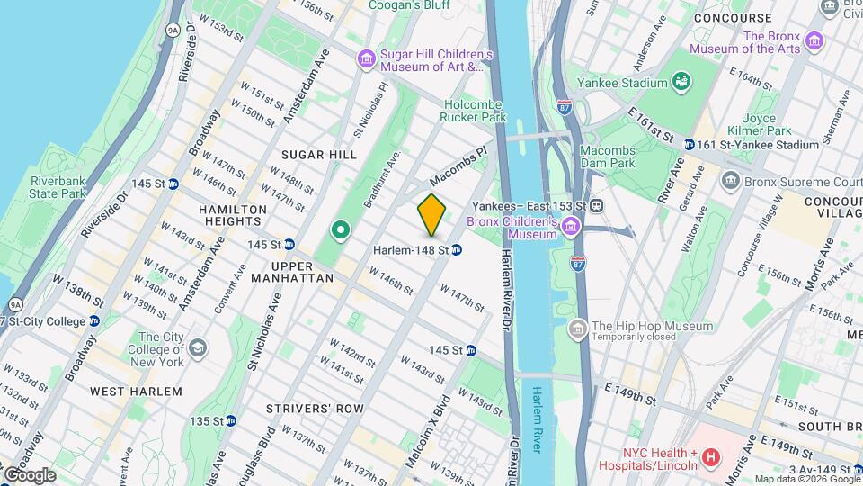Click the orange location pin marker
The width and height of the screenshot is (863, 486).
click(x=431, y=214)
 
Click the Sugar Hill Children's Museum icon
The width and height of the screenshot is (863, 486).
click(x=365, y=59)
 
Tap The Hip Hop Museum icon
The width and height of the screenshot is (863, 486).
click(x=576, y=327)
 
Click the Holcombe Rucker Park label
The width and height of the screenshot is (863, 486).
click(x=475, y=111)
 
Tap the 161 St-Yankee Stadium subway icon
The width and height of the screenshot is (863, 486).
click(x=689, y=144)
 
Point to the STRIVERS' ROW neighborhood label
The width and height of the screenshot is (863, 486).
click(x=315, y=408)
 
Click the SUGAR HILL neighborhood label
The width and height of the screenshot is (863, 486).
click(x=317, y=155)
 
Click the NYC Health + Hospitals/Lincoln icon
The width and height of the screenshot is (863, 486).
click(x=711, y=458)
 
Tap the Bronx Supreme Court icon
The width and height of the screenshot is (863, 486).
click(x=730, y=180)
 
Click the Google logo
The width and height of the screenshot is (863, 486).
click(x=29, y=474)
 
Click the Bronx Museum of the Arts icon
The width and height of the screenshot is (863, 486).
click(x=814, y=40)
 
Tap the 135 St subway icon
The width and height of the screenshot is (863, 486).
click(x=231, y=420)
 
